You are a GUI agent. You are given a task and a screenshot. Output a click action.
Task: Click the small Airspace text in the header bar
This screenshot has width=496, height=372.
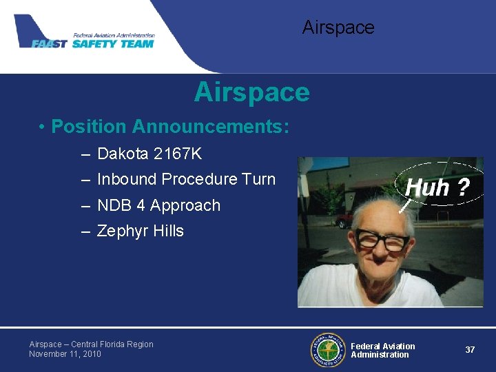pyautogui.click(x=338, y=28)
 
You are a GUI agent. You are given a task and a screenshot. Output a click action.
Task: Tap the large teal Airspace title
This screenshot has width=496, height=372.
pyautogui.click(x=252, y=92)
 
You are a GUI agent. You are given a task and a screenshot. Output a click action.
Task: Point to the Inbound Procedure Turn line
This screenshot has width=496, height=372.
pyautogui.click(x=186, y=179)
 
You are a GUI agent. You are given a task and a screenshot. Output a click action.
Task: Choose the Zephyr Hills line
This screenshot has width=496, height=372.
pyautogui.click(x=141, y=231)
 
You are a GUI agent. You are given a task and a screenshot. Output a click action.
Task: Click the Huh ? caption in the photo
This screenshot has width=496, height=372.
pyautogui.click(x=437, y=187)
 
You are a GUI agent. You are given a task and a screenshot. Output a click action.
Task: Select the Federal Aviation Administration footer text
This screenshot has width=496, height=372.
pyautogui.click(x=383, y=350)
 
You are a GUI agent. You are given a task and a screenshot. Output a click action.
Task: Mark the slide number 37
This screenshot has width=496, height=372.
pyautogui.click(x=470, y=350)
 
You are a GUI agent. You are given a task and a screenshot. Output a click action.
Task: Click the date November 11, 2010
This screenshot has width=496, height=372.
pyautogui.click(x=65, y=354)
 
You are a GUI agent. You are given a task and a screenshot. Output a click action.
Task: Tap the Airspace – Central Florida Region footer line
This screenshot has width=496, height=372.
pyautogui.click(x=91, y=344)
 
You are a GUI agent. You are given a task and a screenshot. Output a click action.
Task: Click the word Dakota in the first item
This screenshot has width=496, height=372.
pyautogui.click(x=120, y=154)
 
